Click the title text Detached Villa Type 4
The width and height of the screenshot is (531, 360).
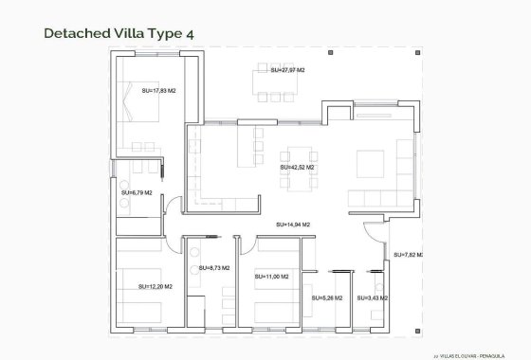pyautogui.click(x=119, y=34)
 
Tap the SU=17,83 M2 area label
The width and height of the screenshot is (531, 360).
pyautogui.click(x=156, y=91)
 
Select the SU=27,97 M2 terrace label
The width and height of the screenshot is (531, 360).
pyautogui.click(x=287, y=70)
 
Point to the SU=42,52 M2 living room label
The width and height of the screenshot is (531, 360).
pyautogui.click(x=297, y=167)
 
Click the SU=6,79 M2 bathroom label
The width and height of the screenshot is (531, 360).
pyautogui.click(x=137, y=192)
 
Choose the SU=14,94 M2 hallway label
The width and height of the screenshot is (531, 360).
pyautogui.click(x=293, y=225)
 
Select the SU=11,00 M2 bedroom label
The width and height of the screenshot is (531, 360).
pyautogui.click(x=272, y=276)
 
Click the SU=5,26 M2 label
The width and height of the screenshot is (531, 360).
pyautogui.click(x=327, y=298)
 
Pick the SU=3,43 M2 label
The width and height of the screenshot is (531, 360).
pyautogui.click(x=373, y=298)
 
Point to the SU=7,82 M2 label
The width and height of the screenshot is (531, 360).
pyautogui.click(x=408, y=255)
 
